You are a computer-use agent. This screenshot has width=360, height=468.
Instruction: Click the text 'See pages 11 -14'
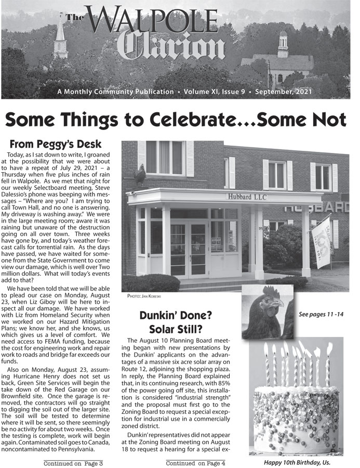pos(321,315)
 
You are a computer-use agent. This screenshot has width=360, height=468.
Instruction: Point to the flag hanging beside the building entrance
pos(323,247)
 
